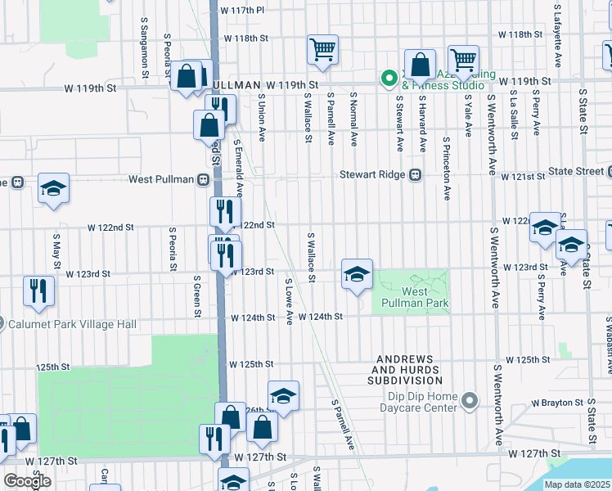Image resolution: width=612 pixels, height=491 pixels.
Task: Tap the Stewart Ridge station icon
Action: click(416, 174)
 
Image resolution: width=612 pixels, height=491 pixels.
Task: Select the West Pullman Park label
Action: click(425, 298)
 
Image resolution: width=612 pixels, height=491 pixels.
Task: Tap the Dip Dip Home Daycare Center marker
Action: click(469, 401)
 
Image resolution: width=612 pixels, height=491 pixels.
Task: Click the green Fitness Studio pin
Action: click(389, 79)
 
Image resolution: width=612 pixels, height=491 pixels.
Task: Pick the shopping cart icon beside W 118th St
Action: click(322, 49)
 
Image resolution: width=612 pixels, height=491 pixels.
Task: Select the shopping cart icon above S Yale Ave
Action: click(464, 60)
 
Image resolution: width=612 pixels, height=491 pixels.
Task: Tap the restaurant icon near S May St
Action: click(39, 291)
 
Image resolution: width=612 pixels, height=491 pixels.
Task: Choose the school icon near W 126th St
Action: click(283, 396)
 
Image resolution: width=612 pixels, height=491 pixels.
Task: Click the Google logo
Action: click(27, 481)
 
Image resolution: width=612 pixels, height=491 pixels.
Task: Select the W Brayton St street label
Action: click(567, 403)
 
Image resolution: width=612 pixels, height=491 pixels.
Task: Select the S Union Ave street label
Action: click(262, 117)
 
